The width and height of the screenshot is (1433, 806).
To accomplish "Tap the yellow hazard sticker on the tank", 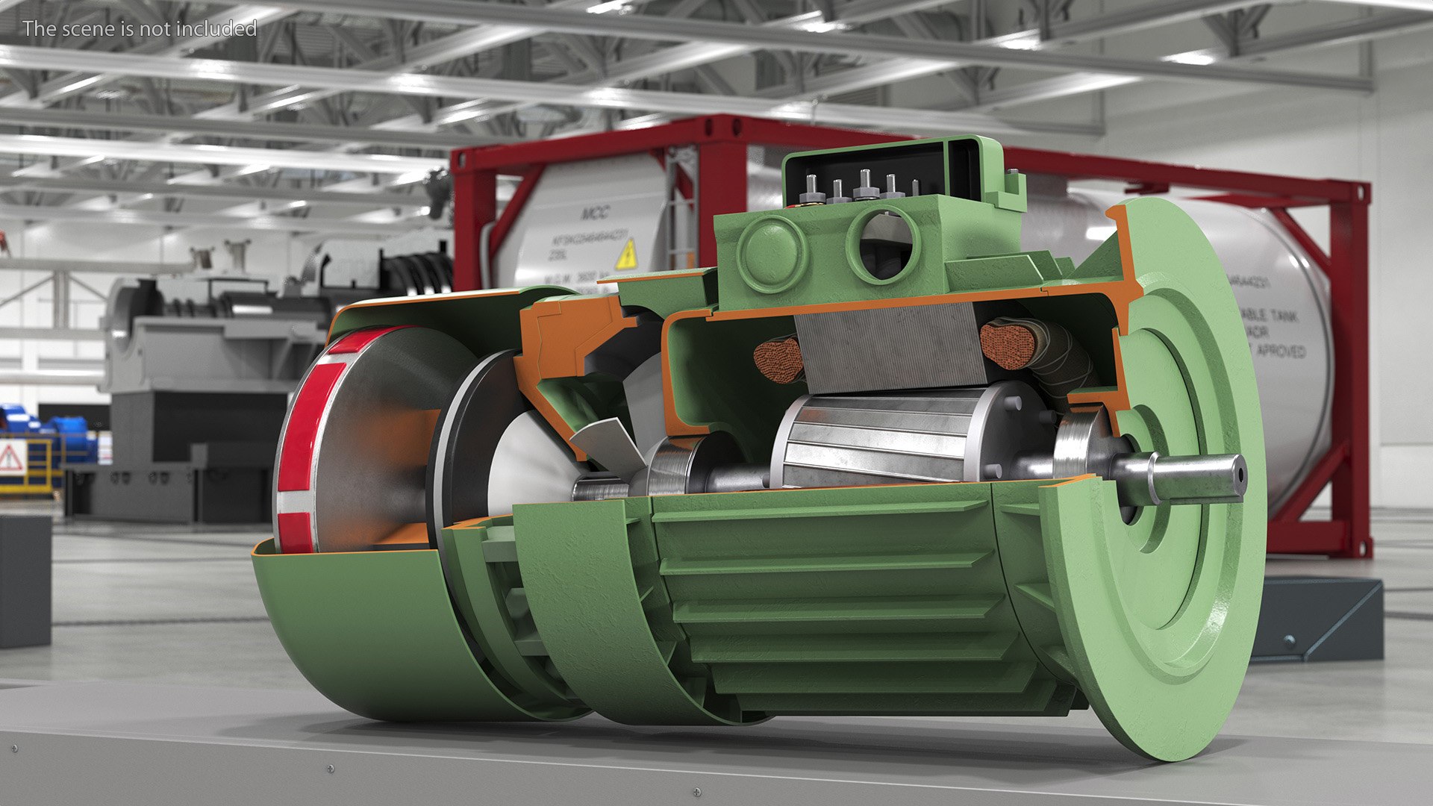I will point(625,254).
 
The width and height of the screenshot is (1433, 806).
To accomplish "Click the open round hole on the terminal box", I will point(885,243).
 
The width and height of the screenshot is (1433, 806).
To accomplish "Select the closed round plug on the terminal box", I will point(772,254).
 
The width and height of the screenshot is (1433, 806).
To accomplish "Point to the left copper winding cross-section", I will point(777,359).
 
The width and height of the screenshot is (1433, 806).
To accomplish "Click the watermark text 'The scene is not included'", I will point(140,28).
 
